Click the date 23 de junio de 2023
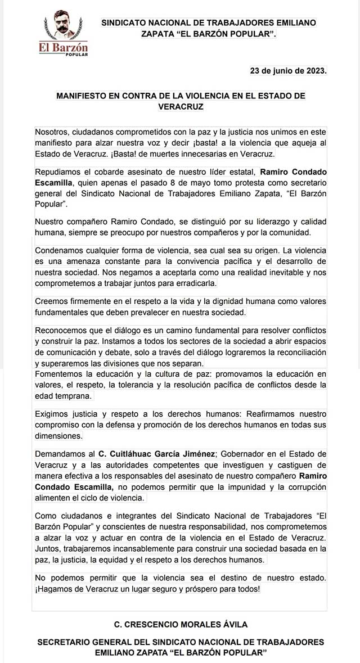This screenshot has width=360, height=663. [288, 71]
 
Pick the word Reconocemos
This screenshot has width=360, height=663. [61, 330]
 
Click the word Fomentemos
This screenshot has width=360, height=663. [60, 374]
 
